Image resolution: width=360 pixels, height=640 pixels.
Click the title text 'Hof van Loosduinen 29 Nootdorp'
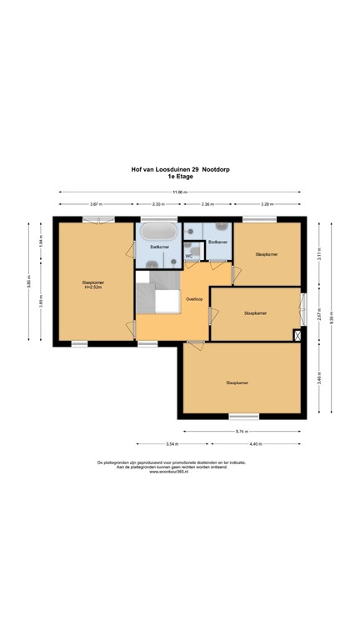coord(180,169)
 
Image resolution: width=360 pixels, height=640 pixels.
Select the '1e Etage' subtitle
coord(180,177)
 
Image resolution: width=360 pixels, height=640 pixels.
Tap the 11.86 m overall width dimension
coord(180,192)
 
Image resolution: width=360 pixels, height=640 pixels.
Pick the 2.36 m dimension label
coord(207,204)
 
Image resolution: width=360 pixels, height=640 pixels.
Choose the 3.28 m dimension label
coord(267,204)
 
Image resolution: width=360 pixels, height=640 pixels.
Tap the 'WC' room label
coord(189,257)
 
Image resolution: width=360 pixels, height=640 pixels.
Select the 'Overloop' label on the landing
coord(194,298)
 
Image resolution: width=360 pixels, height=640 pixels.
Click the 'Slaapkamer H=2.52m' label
coord(92,285)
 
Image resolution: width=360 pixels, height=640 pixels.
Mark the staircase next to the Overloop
coord(156,296)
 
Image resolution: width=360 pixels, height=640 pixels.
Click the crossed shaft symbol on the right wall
coord(297,335)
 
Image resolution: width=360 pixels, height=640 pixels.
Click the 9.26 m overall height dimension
coord(331,317)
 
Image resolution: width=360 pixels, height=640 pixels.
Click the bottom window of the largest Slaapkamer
coord(243,416)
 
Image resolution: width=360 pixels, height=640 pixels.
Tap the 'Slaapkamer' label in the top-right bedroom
coord(267,253)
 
